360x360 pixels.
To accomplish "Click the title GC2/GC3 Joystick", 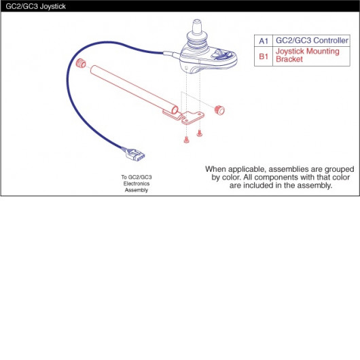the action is pos(35,6).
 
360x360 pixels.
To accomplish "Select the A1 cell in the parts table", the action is pos(264,41).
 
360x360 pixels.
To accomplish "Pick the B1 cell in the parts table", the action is pos(264,56).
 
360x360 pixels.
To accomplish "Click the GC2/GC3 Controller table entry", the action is pos(312,40).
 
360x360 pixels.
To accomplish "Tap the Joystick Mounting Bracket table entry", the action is pos(308,55).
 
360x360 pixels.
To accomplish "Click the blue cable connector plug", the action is pos(134,154).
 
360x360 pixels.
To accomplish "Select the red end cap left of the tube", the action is pos(81,63).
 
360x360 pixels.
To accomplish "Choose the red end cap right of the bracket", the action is pos(219,110).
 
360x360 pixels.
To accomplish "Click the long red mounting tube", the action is pos(134,90).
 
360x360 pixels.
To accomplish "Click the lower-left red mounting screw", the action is pos(186,140).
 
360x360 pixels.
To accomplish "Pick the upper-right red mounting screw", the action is pos(200,133).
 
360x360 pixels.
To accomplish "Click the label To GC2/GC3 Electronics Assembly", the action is pos(137,183).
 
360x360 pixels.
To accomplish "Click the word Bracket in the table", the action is pos(289,59).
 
